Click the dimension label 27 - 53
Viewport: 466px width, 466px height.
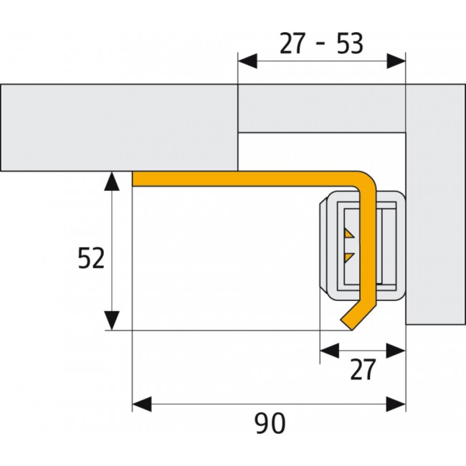(321, 44)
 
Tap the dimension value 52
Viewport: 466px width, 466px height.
(91, 258)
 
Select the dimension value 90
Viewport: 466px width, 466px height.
(270, 423)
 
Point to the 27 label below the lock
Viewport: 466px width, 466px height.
(363, 369)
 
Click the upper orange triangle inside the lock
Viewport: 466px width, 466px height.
(348, 233)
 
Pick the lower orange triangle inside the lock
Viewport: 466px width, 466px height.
(348, 257)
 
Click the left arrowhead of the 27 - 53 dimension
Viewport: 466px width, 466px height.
(247, 61)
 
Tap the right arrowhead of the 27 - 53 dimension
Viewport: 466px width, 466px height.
(396, 61)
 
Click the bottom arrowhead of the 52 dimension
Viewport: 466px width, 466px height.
(112, 320)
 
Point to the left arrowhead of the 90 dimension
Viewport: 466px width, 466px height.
(142, 404)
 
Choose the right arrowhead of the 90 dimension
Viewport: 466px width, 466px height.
(396, 404)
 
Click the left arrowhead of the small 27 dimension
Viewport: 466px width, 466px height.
(330, 351)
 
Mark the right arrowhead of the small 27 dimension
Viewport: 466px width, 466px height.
(396, 351)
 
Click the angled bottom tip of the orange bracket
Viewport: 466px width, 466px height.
(352, 330)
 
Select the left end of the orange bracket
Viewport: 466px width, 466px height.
(133, 179)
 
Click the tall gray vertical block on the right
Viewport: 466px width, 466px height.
(435, 204)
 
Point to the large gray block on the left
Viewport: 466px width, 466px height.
(119, 128)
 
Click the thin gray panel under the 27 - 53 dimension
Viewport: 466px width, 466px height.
(322, 108)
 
